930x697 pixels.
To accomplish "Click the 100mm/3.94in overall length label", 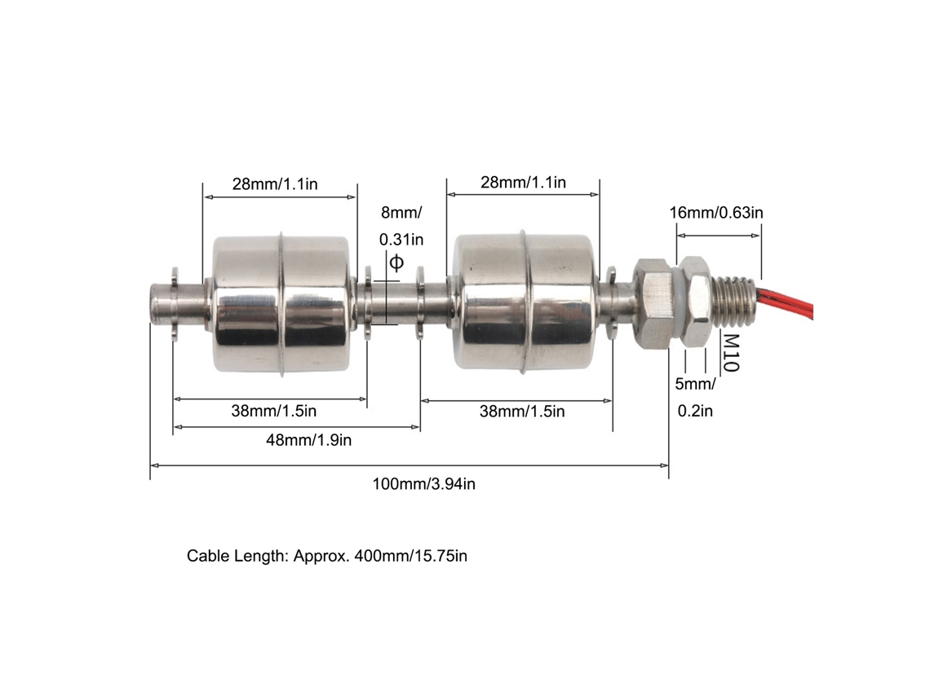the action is click(423, 484).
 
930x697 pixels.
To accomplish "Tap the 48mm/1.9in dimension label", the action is click(308, 440).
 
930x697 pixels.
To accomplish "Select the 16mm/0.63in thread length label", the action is click(716, 212).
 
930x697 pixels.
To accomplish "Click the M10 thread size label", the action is click(731, 353).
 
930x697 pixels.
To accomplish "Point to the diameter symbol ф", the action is click(396, 262).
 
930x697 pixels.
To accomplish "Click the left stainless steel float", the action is click(281, 304).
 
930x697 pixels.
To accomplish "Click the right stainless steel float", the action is click(525, 302).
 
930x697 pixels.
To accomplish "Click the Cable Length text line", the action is click(327, 556).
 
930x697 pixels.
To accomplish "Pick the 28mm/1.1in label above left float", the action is click(275, 183).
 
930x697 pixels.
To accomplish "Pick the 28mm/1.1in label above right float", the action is click(523, 182).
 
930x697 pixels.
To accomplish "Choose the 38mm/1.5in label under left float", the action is click(273, 411).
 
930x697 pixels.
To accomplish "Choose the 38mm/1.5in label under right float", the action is click(522, 412).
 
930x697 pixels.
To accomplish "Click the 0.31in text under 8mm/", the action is click(401, 240).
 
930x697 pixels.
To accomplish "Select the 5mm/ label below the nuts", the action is click(695, 384).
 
